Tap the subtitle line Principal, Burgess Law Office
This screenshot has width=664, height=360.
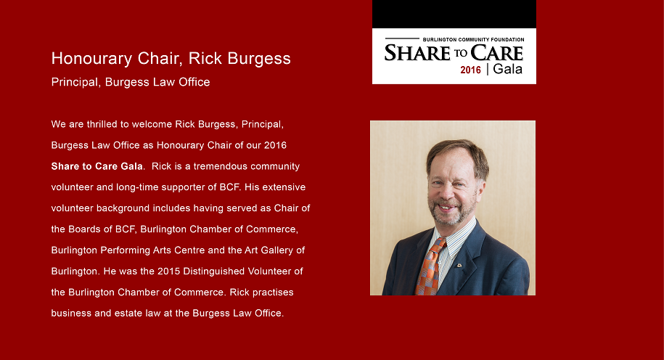click(131, 82)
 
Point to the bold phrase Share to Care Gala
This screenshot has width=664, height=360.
click(97, 166)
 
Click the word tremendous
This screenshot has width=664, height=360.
click(220, 166)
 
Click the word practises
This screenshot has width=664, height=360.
click(273, 292)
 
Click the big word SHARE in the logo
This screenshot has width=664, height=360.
click(417, 54)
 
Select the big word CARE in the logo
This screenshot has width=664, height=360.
click(496, 54)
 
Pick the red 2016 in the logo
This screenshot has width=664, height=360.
click(470, 70)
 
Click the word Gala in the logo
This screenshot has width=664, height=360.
click(508, 69)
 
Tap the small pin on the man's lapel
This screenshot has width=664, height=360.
click(459, 266)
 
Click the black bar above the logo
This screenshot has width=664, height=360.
click(454, 14)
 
